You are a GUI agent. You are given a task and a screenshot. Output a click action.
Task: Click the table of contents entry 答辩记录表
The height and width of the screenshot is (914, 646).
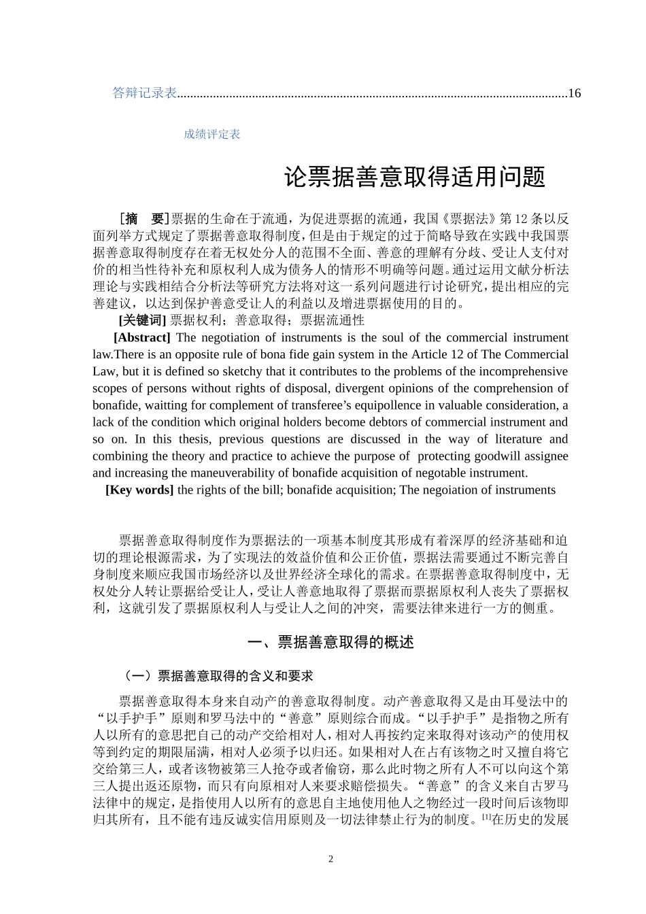click(144, 93)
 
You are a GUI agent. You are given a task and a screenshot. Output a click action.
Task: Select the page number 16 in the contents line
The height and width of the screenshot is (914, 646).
click(574, 93)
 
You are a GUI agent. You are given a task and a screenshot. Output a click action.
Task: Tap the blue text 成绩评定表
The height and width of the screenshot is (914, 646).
click(211, 135)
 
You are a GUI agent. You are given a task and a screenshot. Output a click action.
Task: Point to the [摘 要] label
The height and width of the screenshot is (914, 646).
click(143, 218)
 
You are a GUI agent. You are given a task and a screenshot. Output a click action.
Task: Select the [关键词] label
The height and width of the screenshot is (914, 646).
click(142, 320)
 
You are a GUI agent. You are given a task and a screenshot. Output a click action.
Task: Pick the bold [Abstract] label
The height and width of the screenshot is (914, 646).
click(141, 337)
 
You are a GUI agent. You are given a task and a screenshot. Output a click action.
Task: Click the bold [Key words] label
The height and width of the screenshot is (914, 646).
click(139, 490)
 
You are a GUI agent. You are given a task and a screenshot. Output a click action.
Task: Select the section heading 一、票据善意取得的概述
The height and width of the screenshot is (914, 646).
click(330, 643)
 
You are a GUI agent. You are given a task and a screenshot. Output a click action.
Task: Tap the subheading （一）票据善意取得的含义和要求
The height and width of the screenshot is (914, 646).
click(217, 676)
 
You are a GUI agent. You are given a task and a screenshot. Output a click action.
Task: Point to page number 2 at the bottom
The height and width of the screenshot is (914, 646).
click(331, 859)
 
